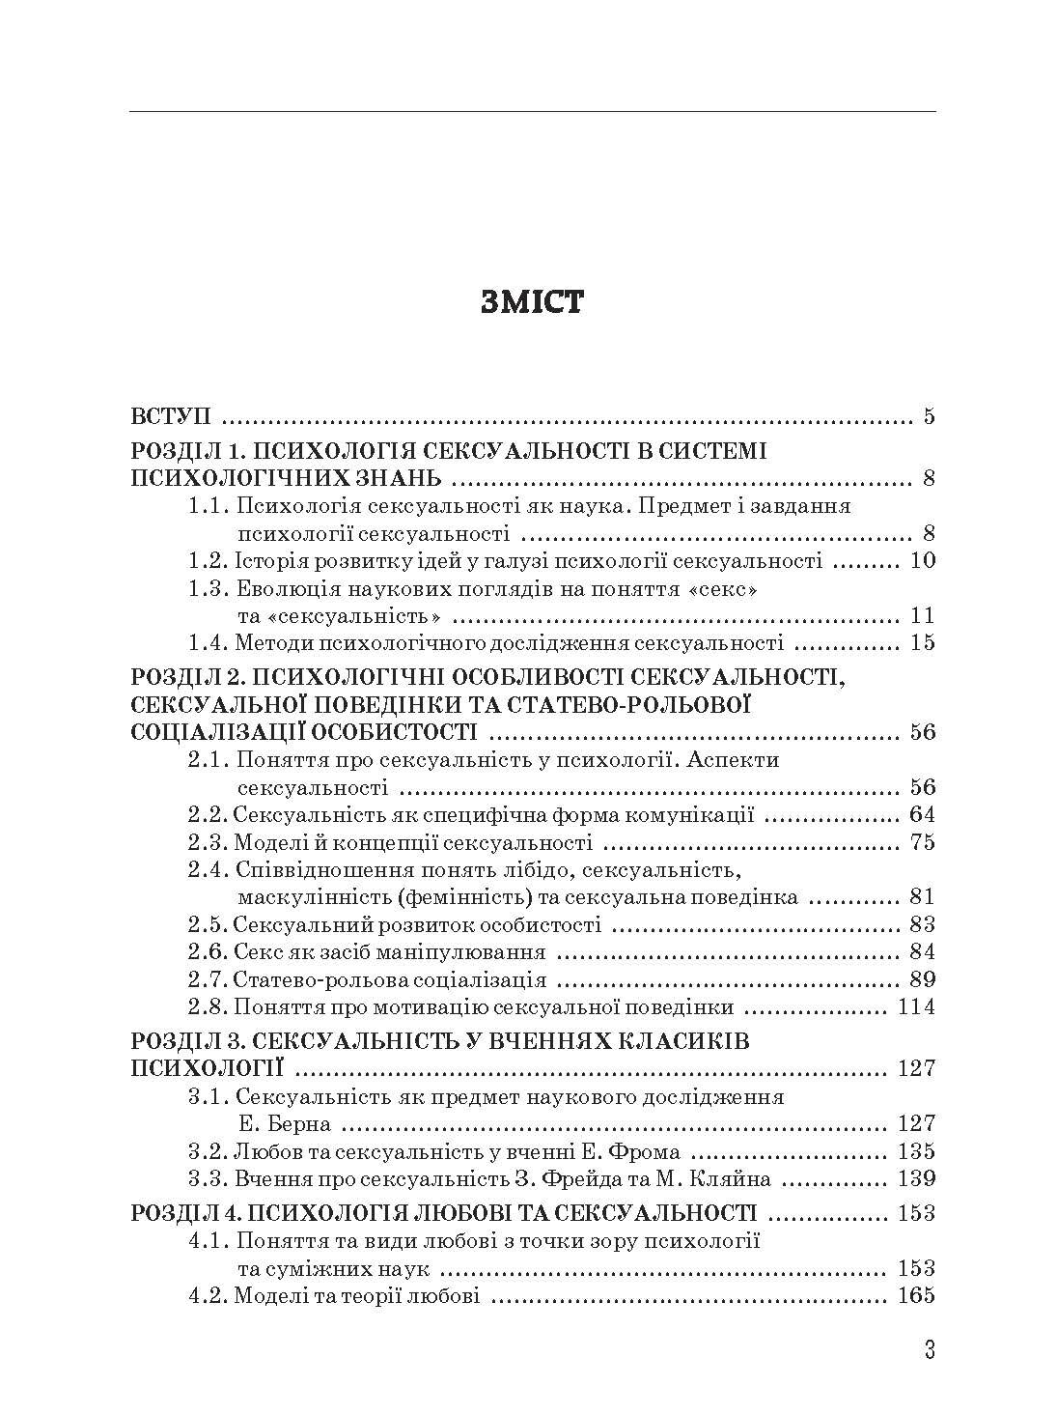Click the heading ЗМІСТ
531,302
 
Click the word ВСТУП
171,417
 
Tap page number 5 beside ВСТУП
929,417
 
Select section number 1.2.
205,560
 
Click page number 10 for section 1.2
922,560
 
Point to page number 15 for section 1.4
922,641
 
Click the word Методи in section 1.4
268,641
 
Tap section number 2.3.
205,841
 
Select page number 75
922,841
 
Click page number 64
922,814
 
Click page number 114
916,1007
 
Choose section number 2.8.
205,1007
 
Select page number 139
916,1178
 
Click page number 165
916,1295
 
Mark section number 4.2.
205,1295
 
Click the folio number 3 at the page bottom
930,1350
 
